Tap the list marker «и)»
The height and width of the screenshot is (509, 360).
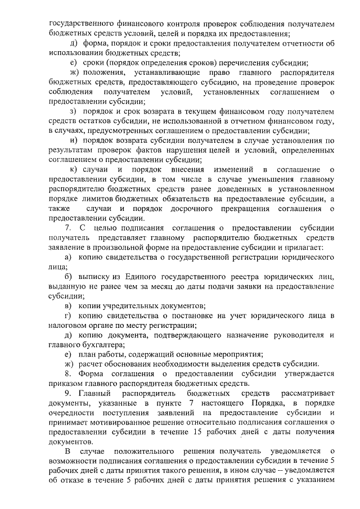[x=73, y=140]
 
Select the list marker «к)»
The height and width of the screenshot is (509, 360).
[x=73, y=169]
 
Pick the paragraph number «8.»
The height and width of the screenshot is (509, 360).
[x=69, y=374]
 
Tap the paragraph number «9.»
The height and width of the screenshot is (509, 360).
[x=69, y=393]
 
